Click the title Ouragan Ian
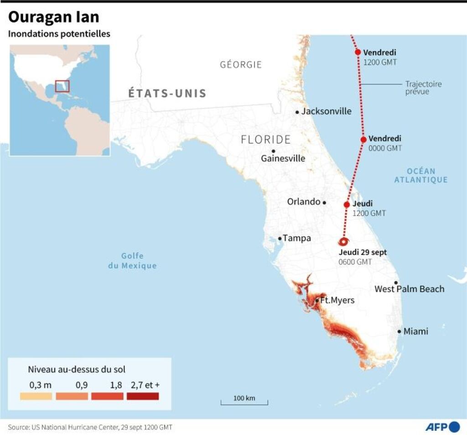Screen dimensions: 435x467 coord(54,17)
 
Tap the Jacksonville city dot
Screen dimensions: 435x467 coord(297,112)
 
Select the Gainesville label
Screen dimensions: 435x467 coord(283,158)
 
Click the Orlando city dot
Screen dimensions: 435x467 coord(324,202)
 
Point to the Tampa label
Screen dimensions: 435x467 coord(296,238)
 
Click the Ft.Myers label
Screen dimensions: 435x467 coord(337,300)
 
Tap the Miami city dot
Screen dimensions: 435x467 coord(399,331)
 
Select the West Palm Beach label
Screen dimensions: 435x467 coord(409,289)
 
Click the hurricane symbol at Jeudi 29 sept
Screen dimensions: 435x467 coord(344,242)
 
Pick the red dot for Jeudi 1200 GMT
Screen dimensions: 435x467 coord(347,204)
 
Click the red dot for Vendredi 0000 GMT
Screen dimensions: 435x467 coord(363,140)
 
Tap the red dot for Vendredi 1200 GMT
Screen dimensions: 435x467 coord(358,52)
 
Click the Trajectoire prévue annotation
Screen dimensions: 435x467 coord(423,88)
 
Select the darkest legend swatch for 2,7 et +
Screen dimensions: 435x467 coord(143,396)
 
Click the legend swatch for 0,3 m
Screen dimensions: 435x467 coord(36,396)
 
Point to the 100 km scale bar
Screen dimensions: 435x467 coord(244,403)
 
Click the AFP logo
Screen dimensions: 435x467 coord(442,427)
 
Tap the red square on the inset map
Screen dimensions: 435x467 coord(62,86)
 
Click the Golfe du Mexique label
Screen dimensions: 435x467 coord(132,261)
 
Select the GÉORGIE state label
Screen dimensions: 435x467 coord(241,64)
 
